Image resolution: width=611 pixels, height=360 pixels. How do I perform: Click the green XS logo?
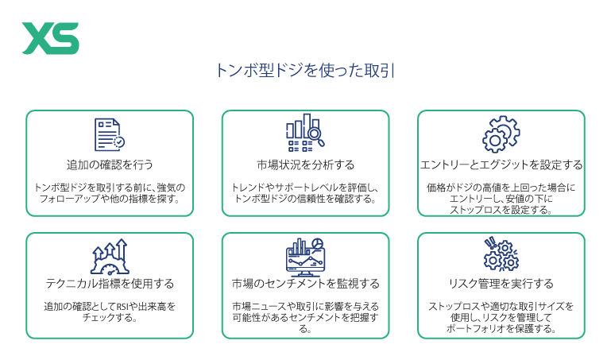pyautogui.click(x=51, y=38)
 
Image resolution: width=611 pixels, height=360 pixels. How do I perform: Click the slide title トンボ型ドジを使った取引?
pyautogui.click(x=305, y=71)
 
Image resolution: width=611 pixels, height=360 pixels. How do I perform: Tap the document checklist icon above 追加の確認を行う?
pyautogui.click(x=110, y=134)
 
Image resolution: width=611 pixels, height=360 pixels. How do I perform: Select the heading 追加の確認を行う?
pyautogui.click(x=110, y=165)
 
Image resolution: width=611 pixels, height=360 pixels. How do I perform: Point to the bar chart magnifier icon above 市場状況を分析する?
pyautogui.click(x=305, y=133)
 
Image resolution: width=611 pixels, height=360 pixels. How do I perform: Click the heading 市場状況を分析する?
pyautogui.click(x=305, y=165)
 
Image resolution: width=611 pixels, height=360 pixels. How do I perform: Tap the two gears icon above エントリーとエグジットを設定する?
pyautogui.click(x=501, y=134)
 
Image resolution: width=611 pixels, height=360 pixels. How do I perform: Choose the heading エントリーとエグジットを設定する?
pyautogui.click(x=501, y=165)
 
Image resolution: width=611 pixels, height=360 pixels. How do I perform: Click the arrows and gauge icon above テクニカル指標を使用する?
pyautogui.click(x=110, y=257)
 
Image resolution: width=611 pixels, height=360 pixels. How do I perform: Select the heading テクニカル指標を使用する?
pyautogui.click(x=110, y=283)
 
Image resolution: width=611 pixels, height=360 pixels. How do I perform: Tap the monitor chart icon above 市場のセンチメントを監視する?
pyautogui.click(x=305, y=257)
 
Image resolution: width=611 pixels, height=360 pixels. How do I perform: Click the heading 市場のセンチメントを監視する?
pyautogui.click(x=305, y=283)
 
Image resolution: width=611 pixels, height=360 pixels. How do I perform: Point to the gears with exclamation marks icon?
pyautogui.click(x=501, y=254)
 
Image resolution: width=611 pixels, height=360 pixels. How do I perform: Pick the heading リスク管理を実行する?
pyautogui.click(x=501, y=283)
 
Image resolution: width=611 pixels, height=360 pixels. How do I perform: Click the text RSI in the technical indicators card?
pyautogui.click(x=122, y=307)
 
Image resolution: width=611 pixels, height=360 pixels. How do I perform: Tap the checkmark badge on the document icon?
pyautogui.click(x=119, y=142)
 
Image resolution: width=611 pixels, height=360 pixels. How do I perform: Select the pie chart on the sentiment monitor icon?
pyautogui.click(x=318, y=244)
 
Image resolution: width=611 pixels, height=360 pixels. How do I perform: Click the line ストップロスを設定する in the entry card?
pyautogui.click(x=501, y=210)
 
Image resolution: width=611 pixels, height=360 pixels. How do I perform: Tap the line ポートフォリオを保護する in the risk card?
pyautogui.click(x=501, y=328)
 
